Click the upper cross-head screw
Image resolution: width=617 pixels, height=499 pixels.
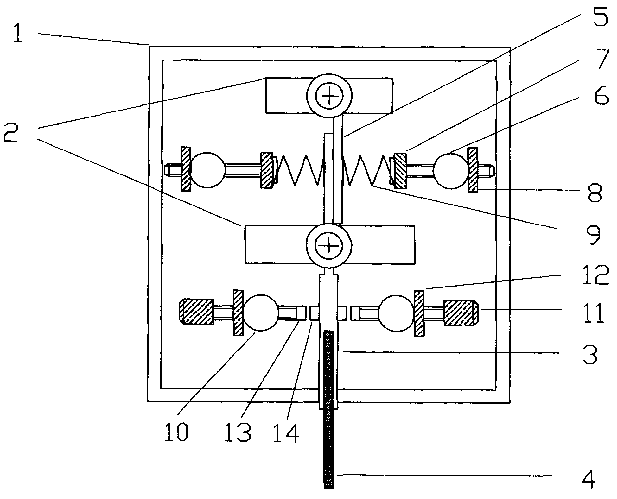(x=329, y=95)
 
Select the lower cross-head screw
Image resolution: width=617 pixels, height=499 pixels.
(x=329, y=245)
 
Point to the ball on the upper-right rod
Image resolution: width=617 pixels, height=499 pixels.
(x=451, y=171)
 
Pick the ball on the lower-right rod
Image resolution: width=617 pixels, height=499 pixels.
(x=396, y=313)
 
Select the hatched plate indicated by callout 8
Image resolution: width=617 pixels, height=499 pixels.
(x=473, y=170)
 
